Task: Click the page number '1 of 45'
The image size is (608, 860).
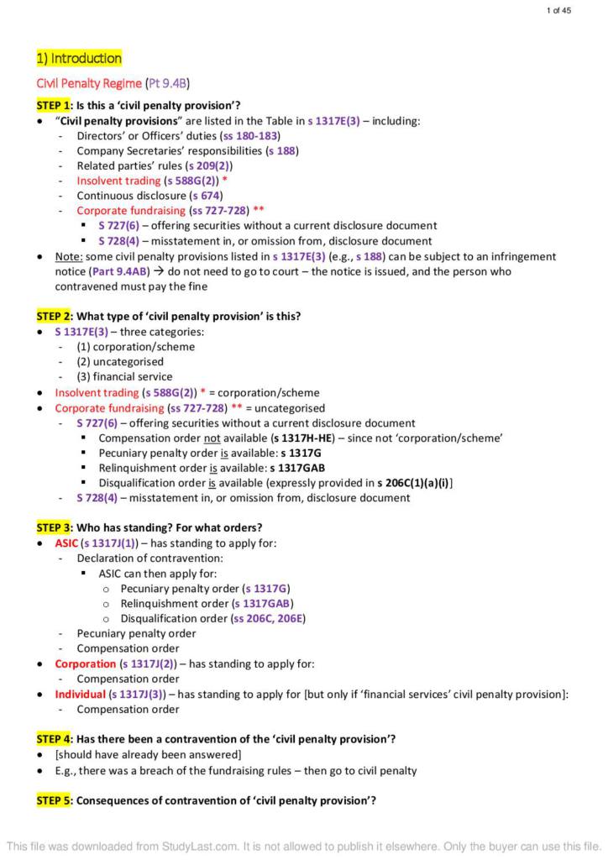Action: coord(558,10)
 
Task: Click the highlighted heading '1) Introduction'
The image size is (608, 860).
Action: coord(79,58)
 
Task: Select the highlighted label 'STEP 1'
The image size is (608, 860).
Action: coord(53,105)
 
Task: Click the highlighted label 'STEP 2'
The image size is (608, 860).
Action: coord(53,317)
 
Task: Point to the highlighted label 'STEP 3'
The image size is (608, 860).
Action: coord(53,527)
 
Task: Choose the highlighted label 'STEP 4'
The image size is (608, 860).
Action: coord(53,739)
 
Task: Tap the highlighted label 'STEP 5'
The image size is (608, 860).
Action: coord(53,800)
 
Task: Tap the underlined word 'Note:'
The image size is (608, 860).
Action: coord(68,256)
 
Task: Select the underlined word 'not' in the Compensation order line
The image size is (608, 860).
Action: coord(213,438)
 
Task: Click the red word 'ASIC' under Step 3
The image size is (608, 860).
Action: coord(66,543)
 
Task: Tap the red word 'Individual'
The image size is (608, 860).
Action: coord(80,694)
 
